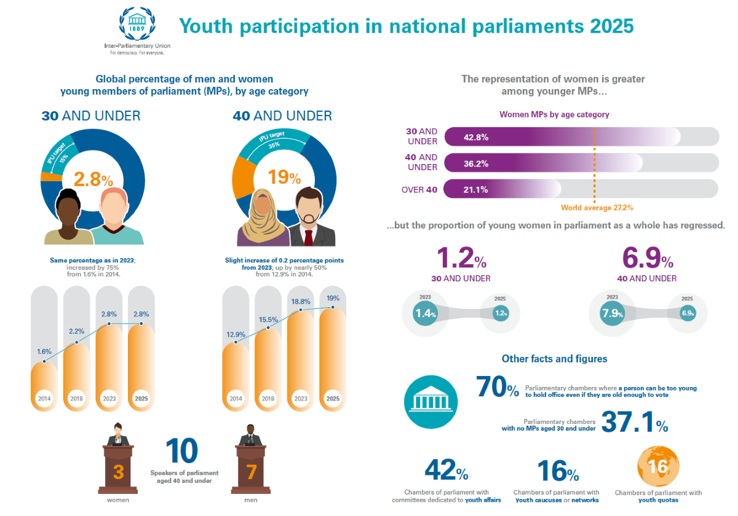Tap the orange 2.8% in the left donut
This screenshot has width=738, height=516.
coord(93,179)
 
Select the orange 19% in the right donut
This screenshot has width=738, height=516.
coord(284,178)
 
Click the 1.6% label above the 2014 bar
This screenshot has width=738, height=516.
coord(44,351)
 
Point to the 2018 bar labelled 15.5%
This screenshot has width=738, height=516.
coord(268,369)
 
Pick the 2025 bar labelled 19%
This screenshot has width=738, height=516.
coord(333,356)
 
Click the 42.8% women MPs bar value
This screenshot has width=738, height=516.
coord(476,137)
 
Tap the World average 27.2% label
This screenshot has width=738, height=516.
coord(597,208)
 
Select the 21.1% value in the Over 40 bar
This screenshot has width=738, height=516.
coord(475,189)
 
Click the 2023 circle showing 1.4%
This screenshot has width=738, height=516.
coord(425,314)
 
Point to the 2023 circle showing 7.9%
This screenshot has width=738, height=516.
coord(612,314)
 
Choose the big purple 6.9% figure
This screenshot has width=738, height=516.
coord(647,259)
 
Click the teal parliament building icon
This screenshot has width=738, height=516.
coord(430,403)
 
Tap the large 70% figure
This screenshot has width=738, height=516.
coord(497,388)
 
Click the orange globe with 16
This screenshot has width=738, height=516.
coord(658,467)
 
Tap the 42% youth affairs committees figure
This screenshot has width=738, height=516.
coord(446,471)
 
